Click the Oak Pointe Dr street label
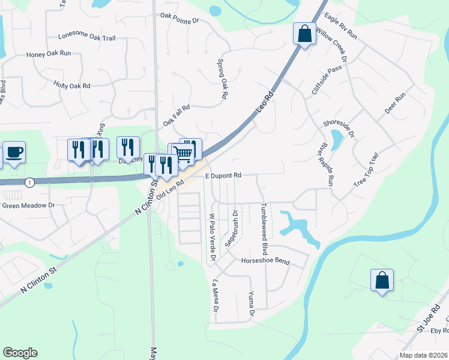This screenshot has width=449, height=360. pyautogui.click(x=179, y=20)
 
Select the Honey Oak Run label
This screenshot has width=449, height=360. pyautogui.click(x=49, y=53)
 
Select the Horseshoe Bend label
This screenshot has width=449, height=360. pyautogui.click(x=265, y=261)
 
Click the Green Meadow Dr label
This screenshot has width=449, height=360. pyautogui.click(x=28, y=205)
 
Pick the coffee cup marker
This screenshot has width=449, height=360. pyautogui.click(x=14, y=152)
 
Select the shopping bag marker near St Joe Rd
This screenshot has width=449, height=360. pyautogui.click(x=382, y=280)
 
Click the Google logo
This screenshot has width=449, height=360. pyautogui.click(x=20, y=353)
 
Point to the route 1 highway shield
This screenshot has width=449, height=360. pyautogui.click(x=29, y=182)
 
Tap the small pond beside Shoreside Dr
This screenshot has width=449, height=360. pyautogui.click(x=337, y=140)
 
